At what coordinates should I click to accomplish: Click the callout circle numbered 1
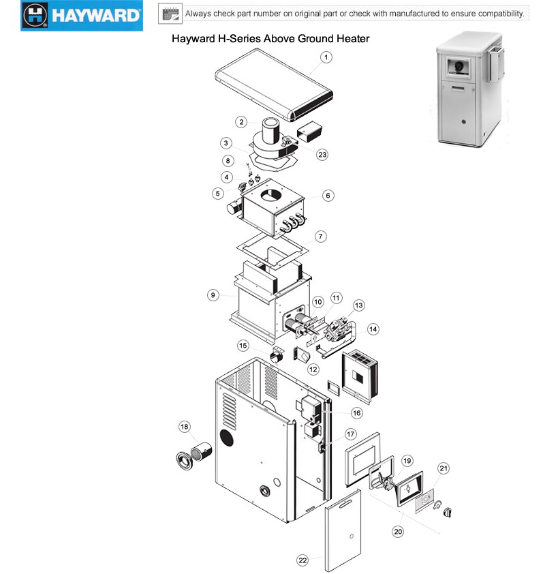click(326, 57)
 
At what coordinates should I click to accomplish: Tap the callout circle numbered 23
click(322, 154)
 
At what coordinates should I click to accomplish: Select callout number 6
click(328, 196)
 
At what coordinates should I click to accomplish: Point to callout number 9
click(214, 295)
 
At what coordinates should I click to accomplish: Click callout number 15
click(243, 346)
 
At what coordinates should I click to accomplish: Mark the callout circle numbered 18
click(184, 427)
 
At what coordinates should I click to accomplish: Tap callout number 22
click(302, 560)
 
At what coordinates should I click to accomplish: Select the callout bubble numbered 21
click(444, 468)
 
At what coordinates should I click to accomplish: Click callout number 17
click(351, 434)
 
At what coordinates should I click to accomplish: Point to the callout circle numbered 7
click(321, 237)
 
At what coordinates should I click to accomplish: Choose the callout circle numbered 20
click(397, 531)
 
